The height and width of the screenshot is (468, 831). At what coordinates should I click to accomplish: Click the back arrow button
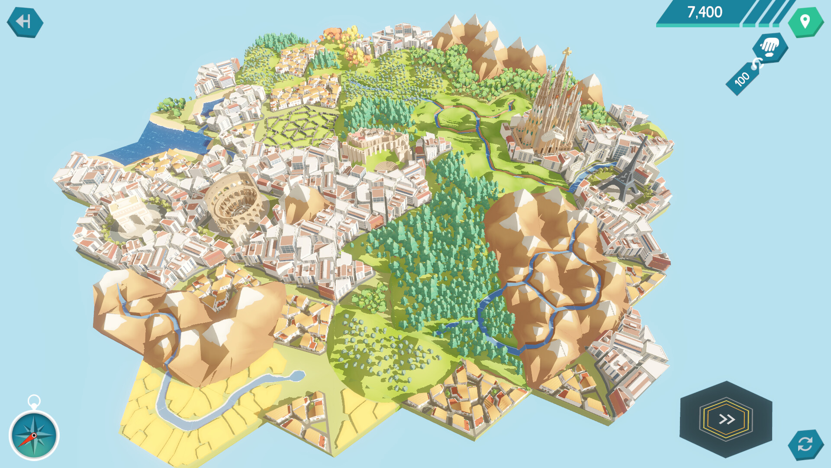pyautogui.click(x=25, y=22)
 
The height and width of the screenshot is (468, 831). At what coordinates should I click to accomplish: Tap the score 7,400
pyautogui.click(x=704, y=12)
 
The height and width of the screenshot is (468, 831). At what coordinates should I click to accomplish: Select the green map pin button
pyautogui.click(x=805, y=21)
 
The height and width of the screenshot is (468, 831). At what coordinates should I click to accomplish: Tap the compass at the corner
pyautogui.click(x=34, y=435)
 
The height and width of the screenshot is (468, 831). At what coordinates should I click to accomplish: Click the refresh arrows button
pyautogui.click(x=805, y=444)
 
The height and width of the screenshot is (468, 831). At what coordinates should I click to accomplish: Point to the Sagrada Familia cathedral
pyautogui.click(x=550, y=113)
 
